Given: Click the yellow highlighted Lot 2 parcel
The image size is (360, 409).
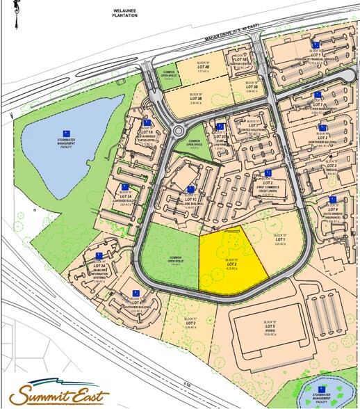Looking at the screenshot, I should (230, 264).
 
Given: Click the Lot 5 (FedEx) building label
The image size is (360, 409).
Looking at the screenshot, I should (270, 328).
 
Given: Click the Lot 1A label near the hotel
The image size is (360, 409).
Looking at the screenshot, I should (146, 131).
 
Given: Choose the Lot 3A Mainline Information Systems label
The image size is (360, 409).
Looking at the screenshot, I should (99, 266).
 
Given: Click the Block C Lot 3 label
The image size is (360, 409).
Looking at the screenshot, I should (190, 322).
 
